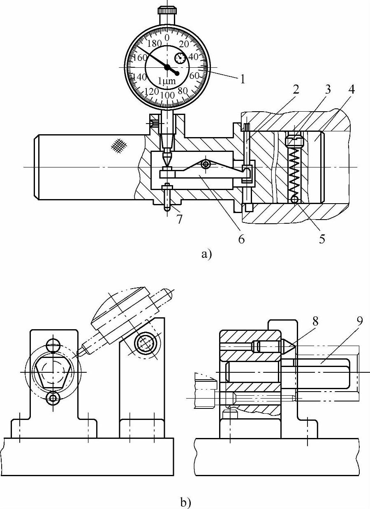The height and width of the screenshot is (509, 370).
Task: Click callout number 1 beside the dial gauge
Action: [x=243, y=78]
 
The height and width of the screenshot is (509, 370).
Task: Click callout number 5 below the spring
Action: [x=322, y=238]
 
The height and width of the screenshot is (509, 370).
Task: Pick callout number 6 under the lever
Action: [x=241, y=238]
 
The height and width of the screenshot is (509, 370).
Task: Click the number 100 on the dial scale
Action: [x=167, y=95]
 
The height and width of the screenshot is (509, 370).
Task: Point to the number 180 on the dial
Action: [x=154, y=44]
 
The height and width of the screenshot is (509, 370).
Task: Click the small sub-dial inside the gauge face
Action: [x=180, y=58]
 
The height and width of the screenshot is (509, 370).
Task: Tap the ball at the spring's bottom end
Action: [x=294, y=200]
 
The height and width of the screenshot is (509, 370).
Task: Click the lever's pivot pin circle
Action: [x=205, y=164]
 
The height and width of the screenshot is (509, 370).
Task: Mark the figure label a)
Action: [x=206, y=254]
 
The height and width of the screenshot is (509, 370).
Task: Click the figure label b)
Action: [x=185, y=502]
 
